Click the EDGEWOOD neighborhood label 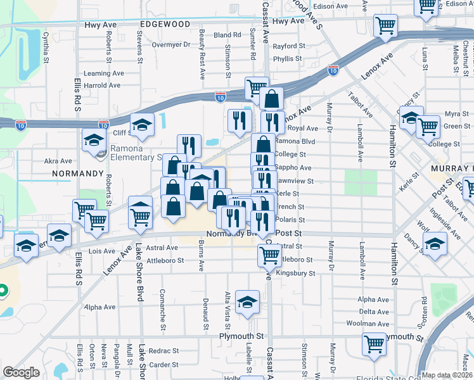tap(165, 23)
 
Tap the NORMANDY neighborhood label tap(78, 172)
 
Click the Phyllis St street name tap(288, 59)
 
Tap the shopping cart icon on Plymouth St tap(374, 343)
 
